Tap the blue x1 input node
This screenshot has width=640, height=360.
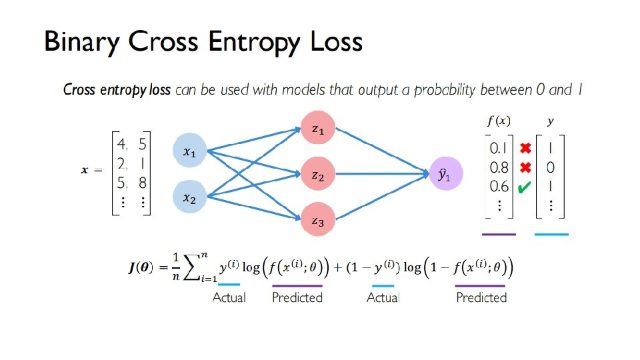tap(190, 153)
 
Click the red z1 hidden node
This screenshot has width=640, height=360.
tap(318, 130)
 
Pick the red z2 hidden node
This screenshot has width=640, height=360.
tap(318, 175)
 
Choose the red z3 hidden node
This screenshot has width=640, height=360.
tap(318, 221)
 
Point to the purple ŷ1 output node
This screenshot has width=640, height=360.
tap(444, 175)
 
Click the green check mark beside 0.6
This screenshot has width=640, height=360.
tap(524, 188)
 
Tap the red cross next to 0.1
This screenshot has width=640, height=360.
tap(525, 147)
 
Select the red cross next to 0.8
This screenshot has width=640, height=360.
tap(525, 167)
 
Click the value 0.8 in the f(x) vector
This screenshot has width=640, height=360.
tap(499, 167)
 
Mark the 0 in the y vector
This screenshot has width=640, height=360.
tap(551, 167)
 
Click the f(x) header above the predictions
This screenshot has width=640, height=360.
tap(499, 121)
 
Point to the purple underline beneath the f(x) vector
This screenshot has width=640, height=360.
tap(499, 235)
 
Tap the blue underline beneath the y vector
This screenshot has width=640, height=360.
tap(551, 235)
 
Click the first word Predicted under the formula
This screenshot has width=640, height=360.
tap(297, 297)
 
